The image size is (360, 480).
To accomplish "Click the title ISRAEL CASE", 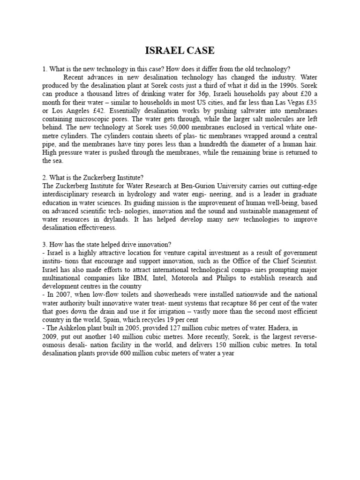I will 180,51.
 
